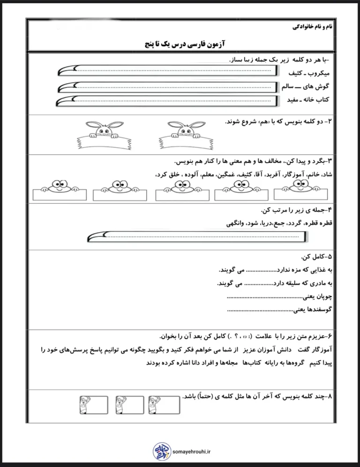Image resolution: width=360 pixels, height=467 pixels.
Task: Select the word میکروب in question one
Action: [318, 74]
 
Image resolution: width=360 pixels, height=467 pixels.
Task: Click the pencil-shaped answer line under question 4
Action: [197, 237]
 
